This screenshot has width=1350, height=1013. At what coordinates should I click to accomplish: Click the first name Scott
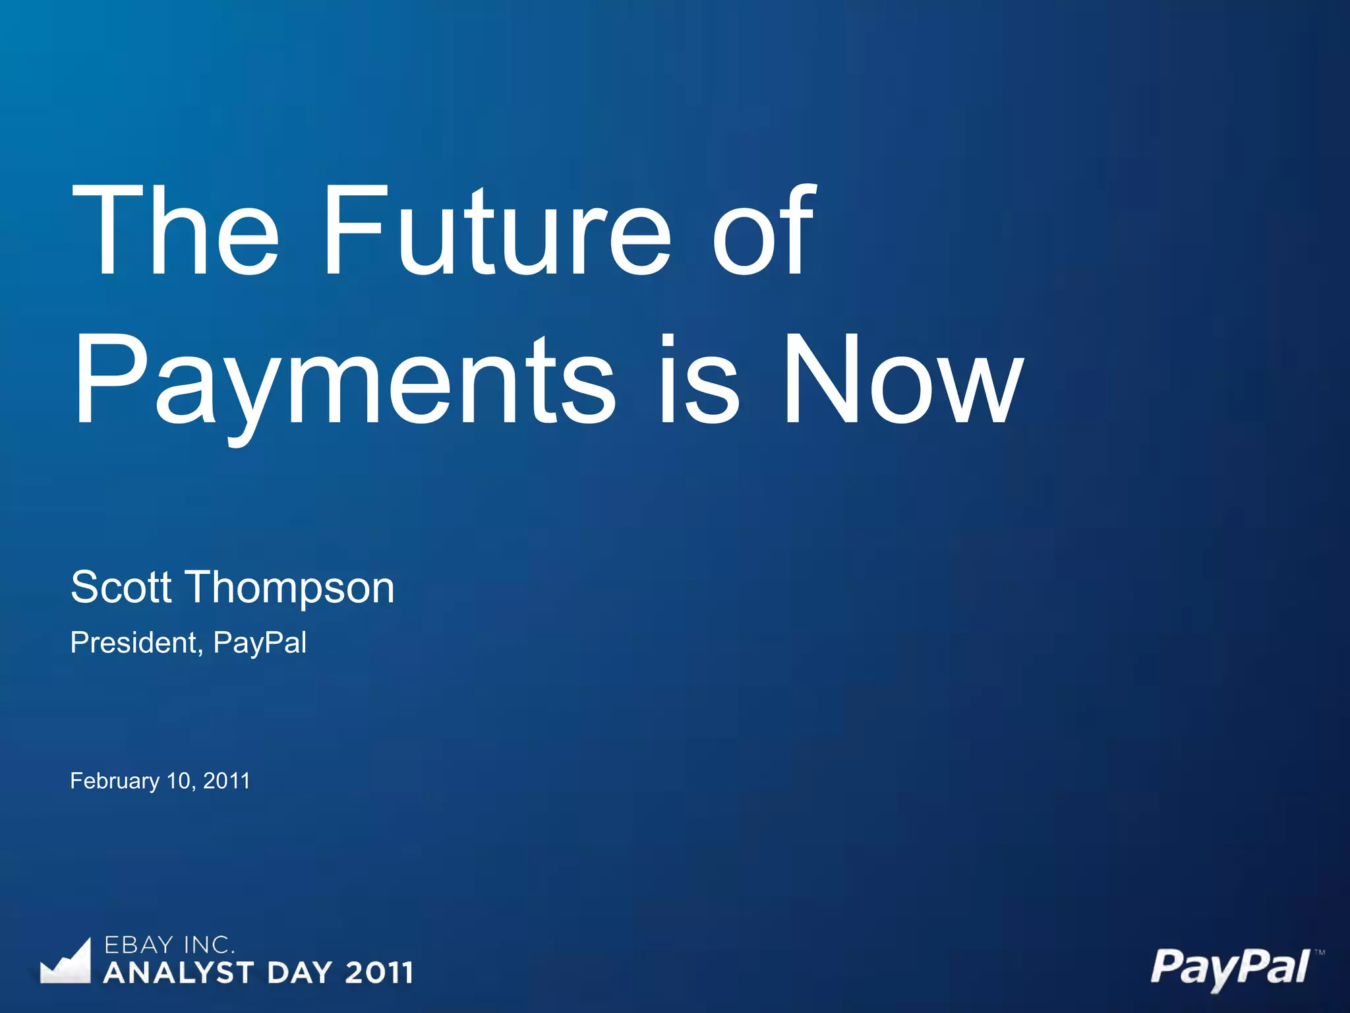[121, 586]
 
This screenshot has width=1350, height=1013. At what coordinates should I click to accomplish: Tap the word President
[136, 642]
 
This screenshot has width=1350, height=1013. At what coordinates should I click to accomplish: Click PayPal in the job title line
[260, 643]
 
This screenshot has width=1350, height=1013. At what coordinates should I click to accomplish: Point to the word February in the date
[115, 781]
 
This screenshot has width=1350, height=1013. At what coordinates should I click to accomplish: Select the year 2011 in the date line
[227, 781]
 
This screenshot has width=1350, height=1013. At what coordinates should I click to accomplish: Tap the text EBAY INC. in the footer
[169, 945]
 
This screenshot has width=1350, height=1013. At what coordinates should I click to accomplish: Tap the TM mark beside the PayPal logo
[1319, 952]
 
